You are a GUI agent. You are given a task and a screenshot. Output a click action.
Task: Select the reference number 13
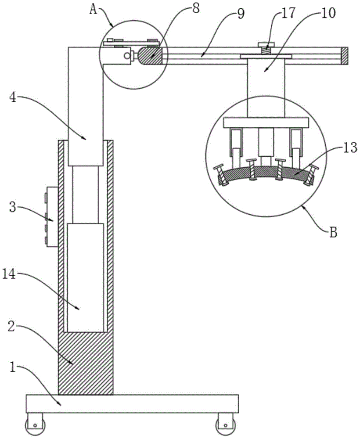(x=350, y=148)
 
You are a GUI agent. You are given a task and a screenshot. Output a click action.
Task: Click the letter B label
(x=333, y=232)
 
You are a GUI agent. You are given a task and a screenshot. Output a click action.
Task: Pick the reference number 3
(x=13, y=208)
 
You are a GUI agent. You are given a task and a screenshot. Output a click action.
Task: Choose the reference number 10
(x=328, y=13)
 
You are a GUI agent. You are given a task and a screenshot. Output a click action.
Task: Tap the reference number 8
(x=196, y=8)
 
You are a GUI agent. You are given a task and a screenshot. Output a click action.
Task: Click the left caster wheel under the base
(x=34, y=425)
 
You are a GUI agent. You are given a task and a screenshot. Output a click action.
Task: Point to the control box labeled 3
(x=52, y=217)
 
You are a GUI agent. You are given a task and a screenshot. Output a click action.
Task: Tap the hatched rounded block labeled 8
(x=151, y=56)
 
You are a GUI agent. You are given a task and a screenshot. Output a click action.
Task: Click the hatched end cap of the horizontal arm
(x=345, y=56)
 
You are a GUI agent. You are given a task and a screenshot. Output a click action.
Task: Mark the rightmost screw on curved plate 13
(x=310, y=175)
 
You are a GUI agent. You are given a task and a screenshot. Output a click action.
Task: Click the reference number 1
(x=12, y=367)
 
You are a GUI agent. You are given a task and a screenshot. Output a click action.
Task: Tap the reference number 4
(x=13, y=99)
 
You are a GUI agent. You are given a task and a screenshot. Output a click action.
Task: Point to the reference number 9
(x=241, y=13)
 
